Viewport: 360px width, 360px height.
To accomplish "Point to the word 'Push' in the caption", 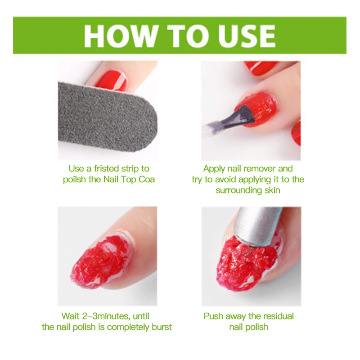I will click(x=214, y=316).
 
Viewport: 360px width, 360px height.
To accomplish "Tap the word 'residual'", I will click(x=278, y=316).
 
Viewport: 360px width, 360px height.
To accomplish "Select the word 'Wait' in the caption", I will click(x=71, y=316).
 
